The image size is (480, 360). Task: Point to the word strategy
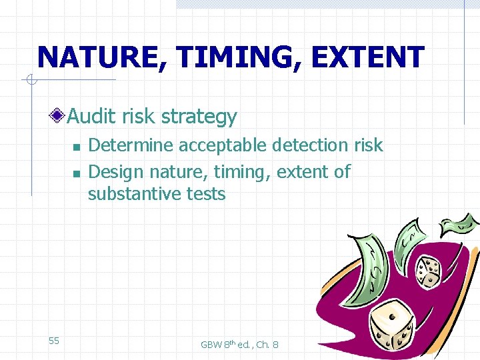(x=199, y=117)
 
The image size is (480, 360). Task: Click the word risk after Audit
(x=139, y=117)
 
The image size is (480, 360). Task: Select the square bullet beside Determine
(x=76, y=147)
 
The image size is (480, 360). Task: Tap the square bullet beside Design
(x=76, y=173)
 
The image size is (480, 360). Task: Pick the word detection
(x=309, y=145)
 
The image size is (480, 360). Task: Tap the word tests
(x=205, y=194)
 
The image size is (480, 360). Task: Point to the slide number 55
(x=54, y=341)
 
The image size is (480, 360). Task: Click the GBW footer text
(x=239, y=345)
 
